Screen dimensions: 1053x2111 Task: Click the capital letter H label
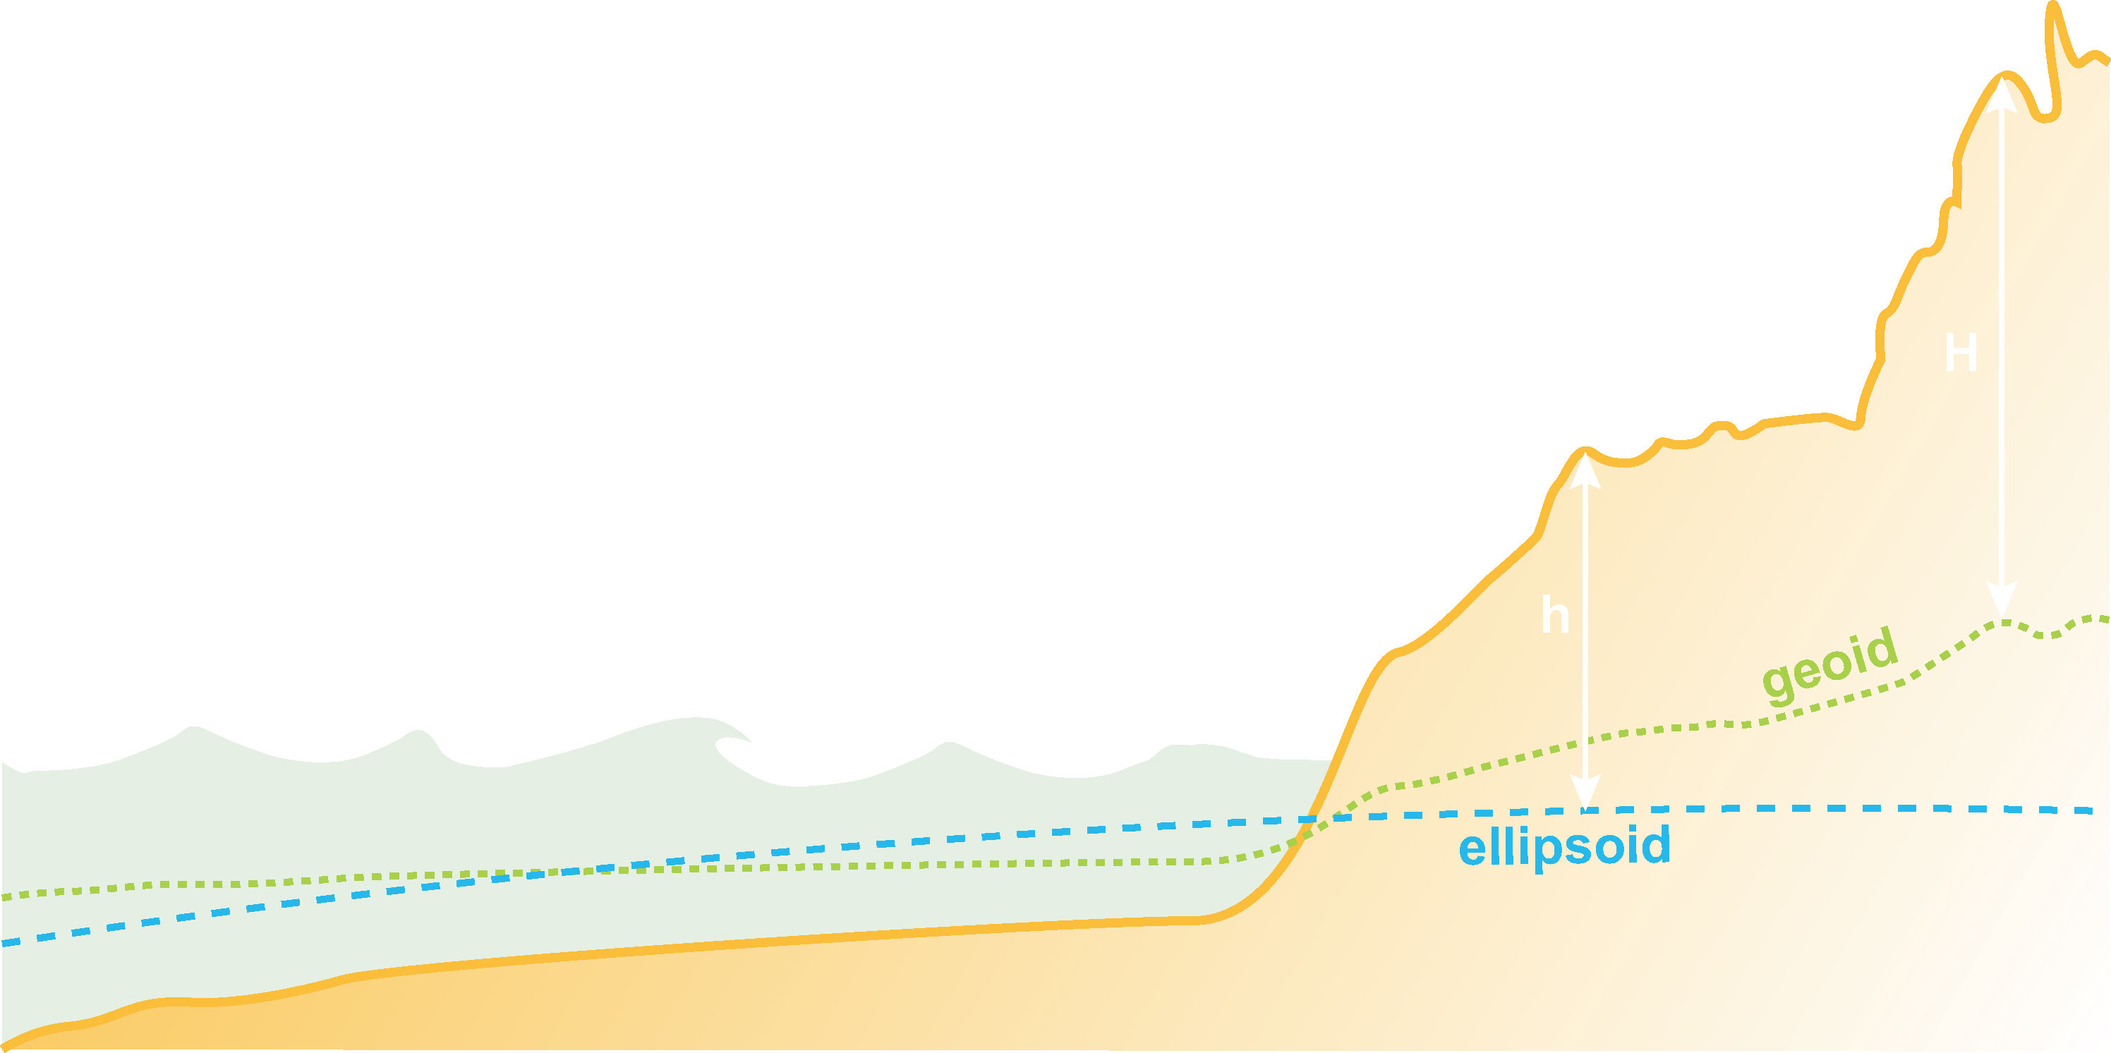(x=1961, y=355)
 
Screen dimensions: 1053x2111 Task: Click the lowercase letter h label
(x=1554, y=616)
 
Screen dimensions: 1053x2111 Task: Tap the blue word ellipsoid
(x=1564, y=846)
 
